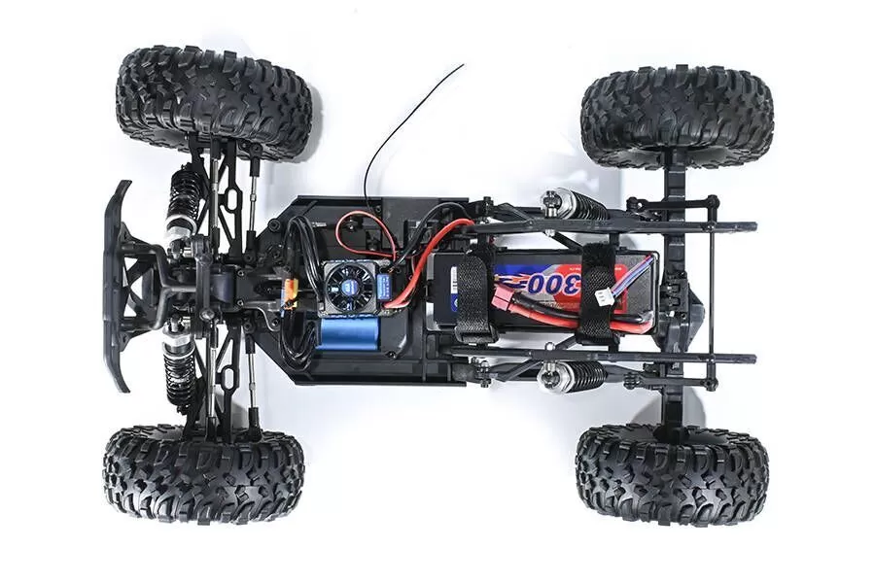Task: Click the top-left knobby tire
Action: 214,102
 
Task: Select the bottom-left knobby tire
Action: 203,473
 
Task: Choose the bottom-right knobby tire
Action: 671,473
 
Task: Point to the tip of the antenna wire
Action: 463,66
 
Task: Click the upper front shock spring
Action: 182,200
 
